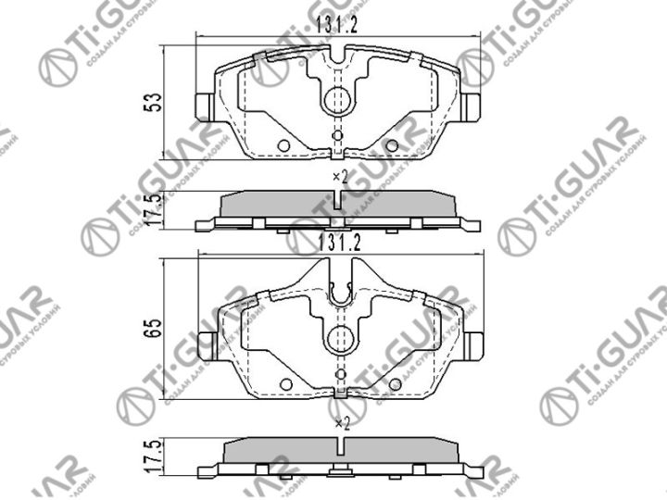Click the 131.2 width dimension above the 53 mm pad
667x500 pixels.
(x=337, y=27)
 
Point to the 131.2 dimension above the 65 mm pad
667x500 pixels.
(x=337, y=243)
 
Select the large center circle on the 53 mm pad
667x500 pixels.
(x=337, y=99)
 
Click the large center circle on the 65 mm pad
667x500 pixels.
(x=337, y=333)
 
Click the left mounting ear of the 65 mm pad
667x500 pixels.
(x=205, y=342)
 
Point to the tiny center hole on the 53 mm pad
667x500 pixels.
(x=337, y=135)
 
